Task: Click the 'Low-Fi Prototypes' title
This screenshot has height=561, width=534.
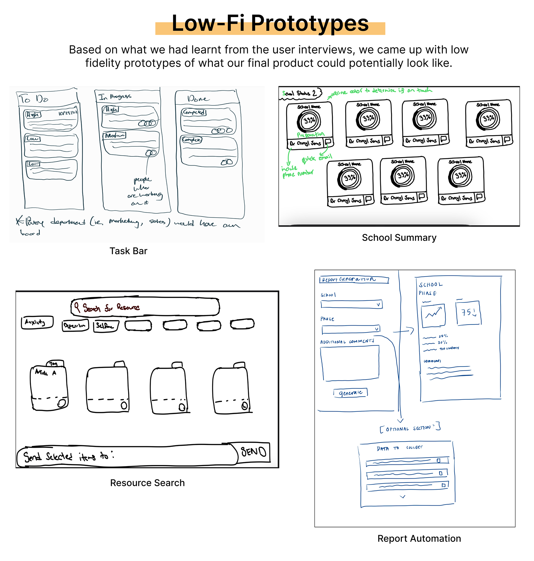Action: [270, 23]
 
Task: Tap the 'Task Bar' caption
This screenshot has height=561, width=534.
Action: [128, 251]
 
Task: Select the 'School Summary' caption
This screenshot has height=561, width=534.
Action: [399, 237]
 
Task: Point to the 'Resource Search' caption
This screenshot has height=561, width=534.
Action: [147, 483]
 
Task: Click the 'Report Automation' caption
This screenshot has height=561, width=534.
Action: [419, 538]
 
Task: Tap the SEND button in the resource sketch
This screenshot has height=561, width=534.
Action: [253, 452]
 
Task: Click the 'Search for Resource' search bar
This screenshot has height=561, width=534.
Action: [145, 307]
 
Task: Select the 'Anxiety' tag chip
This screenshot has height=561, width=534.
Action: [37, 322]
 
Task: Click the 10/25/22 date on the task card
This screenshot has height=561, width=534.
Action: [68, 113]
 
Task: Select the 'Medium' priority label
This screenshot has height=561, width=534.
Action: [115, 135]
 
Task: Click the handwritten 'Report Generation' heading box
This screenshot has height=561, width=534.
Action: [354, 280]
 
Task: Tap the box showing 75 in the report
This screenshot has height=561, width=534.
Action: [468, 313]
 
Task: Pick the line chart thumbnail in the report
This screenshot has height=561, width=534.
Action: [433, 315]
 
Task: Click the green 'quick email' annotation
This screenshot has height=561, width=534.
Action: [317, 158]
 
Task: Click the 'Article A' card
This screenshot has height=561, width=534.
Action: [49, 387]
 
